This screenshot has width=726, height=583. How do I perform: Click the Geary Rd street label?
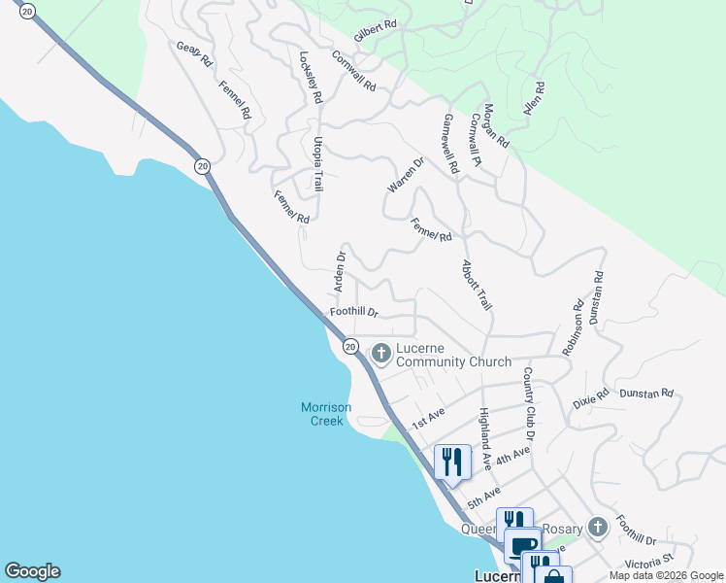coord(194,53)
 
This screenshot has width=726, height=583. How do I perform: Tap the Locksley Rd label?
coord(311,78)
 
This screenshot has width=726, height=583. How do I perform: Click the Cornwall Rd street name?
coord(353,70)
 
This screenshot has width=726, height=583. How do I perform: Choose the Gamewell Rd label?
coord(450,143)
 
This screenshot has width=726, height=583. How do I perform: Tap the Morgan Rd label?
coord(496,125)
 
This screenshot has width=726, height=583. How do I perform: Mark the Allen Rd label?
coord(534,100)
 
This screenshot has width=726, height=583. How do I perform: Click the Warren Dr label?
coord(407,174)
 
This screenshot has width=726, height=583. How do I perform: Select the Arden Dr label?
coord(341,272)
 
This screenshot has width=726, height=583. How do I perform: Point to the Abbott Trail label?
coord(477,285)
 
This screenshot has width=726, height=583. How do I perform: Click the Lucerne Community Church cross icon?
coord(381,354)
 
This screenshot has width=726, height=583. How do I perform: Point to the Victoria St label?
coord(649,561)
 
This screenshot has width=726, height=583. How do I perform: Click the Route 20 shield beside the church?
coord(350,346)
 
